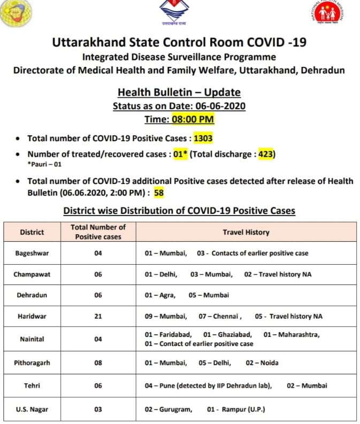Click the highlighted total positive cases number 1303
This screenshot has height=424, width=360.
[x=203, y=138]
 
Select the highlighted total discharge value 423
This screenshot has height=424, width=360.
[x=266, y=154]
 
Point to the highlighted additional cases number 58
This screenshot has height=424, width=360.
[x=159, y=192]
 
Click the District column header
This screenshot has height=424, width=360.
[x=32, y=232]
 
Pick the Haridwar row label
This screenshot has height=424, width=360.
[x=32, y=316]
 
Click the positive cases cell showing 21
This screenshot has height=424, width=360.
[x=98, y=316]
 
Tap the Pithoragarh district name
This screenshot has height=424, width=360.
[x=32, y=363]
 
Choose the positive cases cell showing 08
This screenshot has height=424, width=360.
[x=98, y=363]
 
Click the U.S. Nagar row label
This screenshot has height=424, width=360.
[x=32, y=410]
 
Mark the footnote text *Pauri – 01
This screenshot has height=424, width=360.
[x=45, y=164]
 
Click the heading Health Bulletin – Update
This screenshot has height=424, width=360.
[x=179, y=92]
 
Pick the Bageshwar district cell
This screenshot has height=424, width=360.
[x=32, y=253]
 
